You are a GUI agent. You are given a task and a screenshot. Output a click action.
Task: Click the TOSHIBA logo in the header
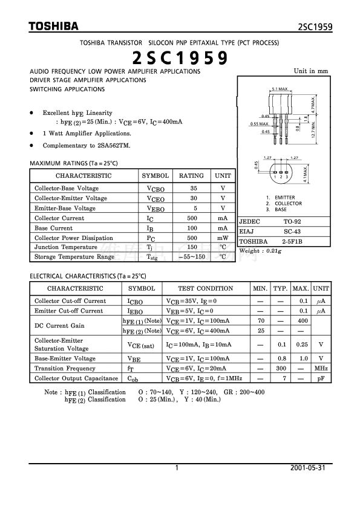54,27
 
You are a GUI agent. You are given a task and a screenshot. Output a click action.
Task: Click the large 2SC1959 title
180,58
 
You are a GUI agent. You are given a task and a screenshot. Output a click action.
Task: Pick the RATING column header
191,176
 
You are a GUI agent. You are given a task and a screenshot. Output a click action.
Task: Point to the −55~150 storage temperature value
191,257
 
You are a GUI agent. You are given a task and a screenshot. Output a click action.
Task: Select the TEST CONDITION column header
206,289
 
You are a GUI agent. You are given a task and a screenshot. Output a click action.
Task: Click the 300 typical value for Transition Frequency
280,368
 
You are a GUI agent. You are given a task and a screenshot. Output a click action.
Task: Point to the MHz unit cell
321,368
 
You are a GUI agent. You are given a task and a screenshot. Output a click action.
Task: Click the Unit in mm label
312,71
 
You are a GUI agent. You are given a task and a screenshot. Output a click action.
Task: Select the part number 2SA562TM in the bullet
112,146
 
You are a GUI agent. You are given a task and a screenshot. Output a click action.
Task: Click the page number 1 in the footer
176,468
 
